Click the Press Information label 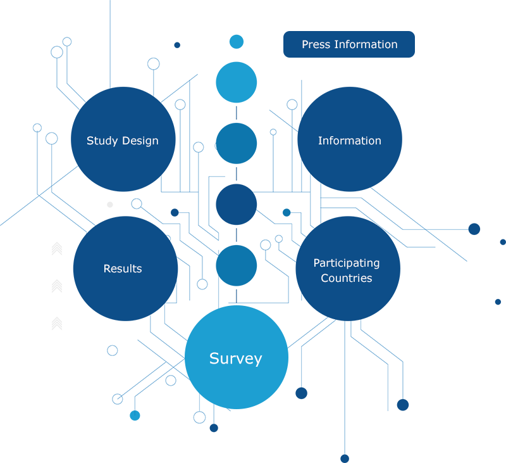349,44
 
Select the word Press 315,44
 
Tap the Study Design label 122,141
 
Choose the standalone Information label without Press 349,141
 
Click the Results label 122,269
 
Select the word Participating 346,263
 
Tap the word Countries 346,278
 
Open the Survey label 235,358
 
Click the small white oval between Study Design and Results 106,204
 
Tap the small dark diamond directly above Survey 236,295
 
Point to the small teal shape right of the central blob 283,210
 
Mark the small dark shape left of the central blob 171,210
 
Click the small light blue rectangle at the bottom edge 141,431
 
